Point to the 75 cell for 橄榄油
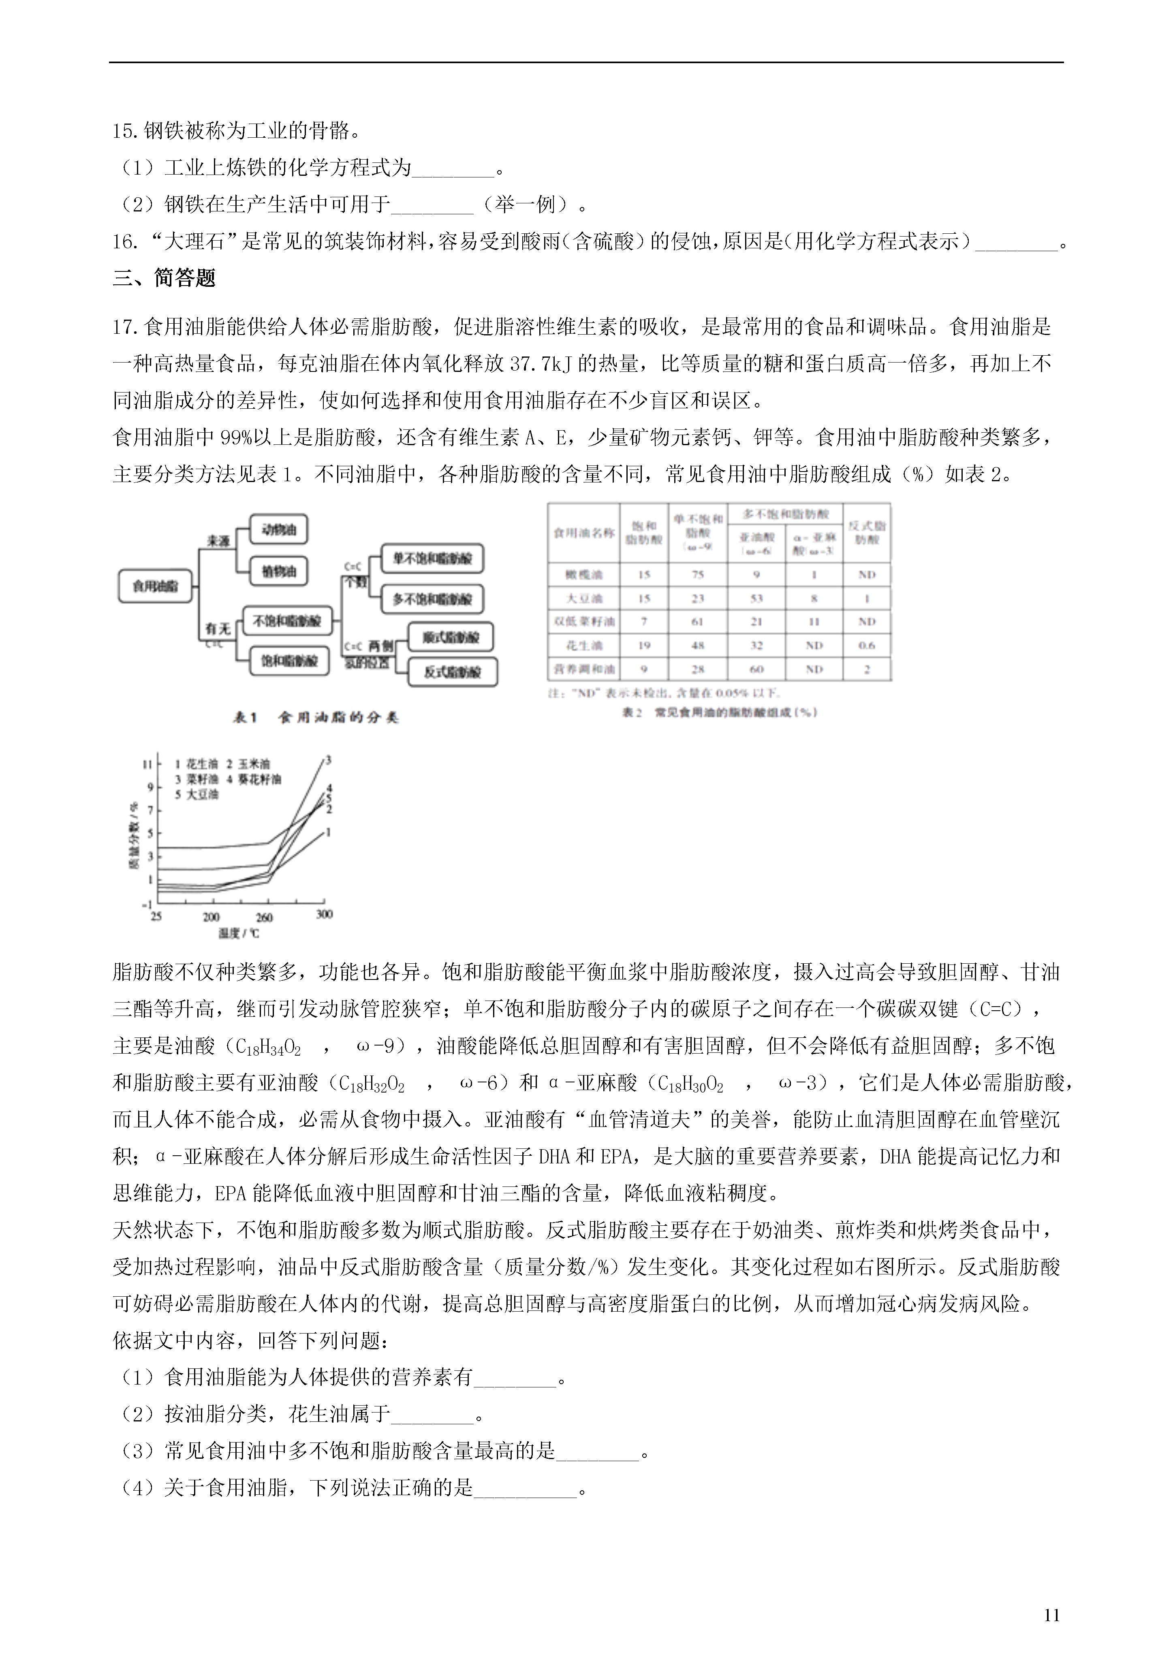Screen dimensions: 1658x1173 [x=697, y=575]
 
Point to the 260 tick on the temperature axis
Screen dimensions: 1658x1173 [x=265, y=917]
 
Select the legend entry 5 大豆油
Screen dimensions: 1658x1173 [x=197, y=794]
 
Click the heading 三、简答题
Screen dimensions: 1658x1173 [x=164, y=278]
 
